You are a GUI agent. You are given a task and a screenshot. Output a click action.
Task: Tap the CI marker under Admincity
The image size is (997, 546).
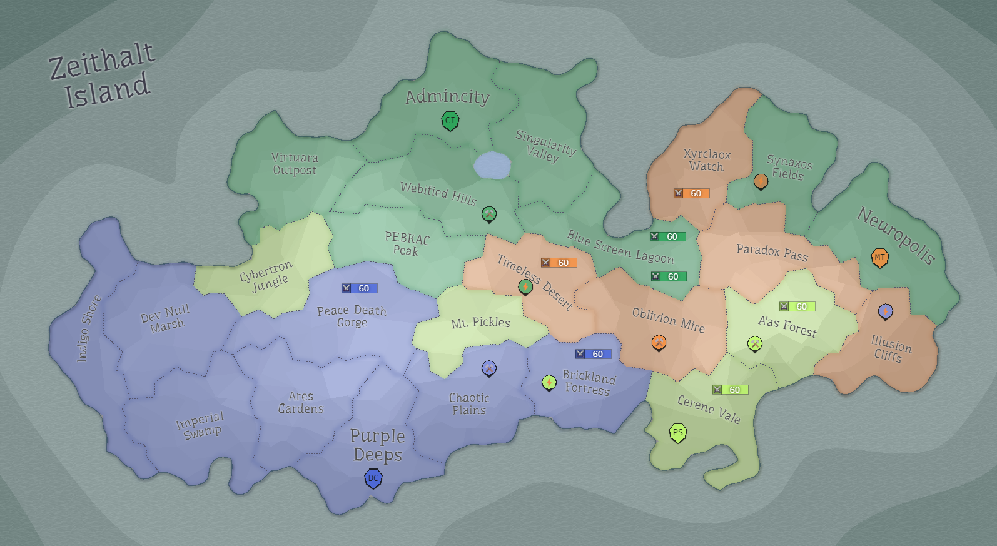point(450,120)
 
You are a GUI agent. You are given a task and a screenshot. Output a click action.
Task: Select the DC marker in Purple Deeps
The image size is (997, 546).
point(373,478)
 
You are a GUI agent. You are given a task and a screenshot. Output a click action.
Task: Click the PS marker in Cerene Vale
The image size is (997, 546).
point(677,432)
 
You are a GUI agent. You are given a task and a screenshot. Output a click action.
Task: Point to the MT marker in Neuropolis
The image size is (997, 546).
point(879,257)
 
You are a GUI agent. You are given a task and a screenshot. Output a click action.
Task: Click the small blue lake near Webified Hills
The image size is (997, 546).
point(492,165)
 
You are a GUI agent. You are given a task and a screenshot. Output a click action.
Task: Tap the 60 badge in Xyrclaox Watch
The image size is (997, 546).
point(691,193)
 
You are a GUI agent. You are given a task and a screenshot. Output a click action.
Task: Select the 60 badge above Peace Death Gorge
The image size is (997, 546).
point(359,288)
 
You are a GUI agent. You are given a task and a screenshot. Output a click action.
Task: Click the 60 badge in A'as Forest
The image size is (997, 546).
point(797,306)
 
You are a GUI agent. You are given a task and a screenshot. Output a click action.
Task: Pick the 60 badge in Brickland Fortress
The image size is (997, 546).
point(593,354)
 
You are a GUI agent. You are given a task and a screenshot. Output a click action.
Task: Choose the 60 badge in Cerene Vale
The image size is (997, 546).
point(730,390)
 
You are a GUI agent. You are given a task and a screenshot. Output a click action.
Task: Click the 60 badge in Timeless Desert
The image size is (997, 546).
point(559,263)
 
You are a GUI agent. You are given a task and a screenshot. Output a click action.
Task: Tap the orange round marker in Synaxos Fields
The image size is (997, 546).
point(761,181)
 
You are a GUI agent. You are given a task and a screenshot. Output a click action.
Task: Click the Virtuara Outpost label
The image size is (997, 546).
point(295,164)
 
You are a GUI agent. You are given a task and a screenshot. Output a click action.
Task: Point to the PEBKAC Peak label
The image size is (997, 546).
point(407,244)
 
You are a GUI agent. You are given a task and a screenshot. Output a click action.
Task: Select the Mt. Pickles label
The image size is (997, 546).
point(480,323)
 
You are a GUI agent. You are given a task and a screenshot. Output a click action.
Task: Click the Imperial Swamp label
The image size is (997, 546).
point(200,425)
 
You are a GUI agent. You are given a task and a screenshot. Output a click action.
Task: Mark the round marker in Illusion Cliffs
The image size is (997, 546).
point(885,311)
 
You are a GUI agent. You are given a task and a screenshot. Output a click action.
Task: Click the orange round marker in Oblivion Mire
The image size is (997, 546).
point(658,342)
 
